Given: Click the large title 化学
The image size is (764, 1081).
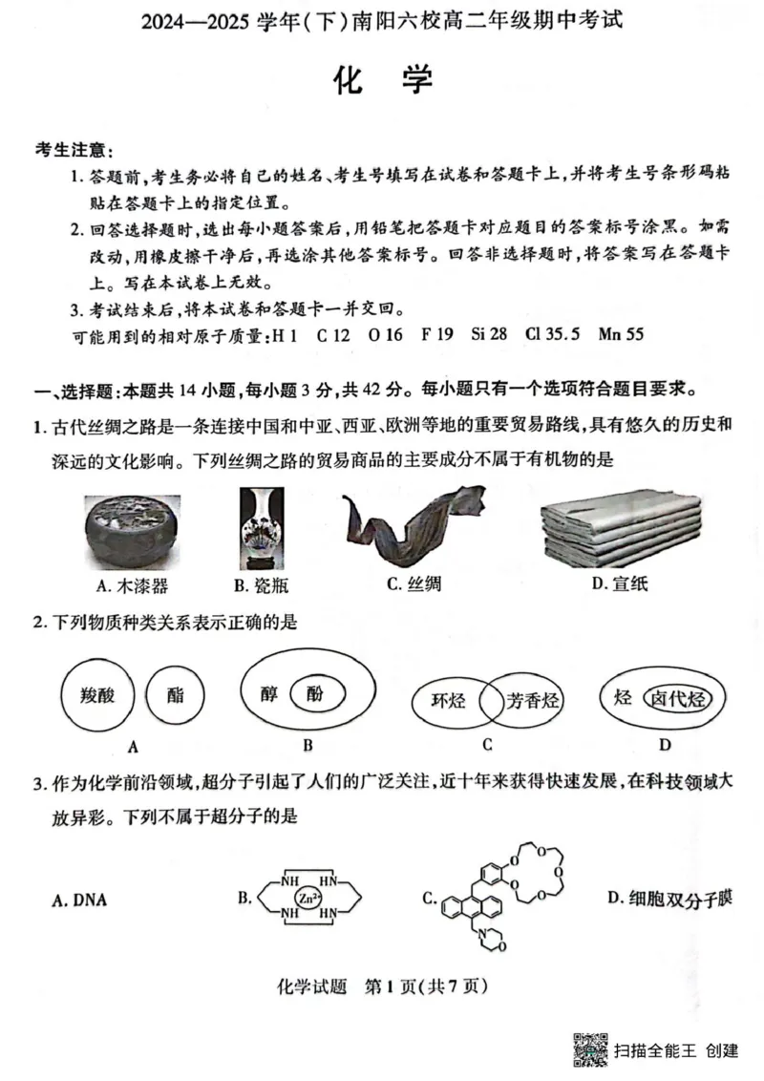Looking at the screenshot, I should tap(382, 83).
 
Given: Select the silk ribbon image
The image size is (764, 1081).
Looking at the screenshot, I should tap(409, 527).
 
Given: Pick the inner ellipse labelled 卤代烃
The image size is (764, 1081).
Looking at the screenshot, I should tap(675, 697).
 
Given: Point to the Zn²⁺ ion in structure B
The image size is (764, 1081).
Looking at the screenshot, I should tap(307, 898).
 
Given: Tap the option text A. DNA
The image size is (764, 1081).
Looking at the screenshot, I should tap(79, 900).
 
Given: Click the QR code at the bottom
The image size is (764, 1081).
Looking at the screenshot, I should tap(589, 1049).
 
